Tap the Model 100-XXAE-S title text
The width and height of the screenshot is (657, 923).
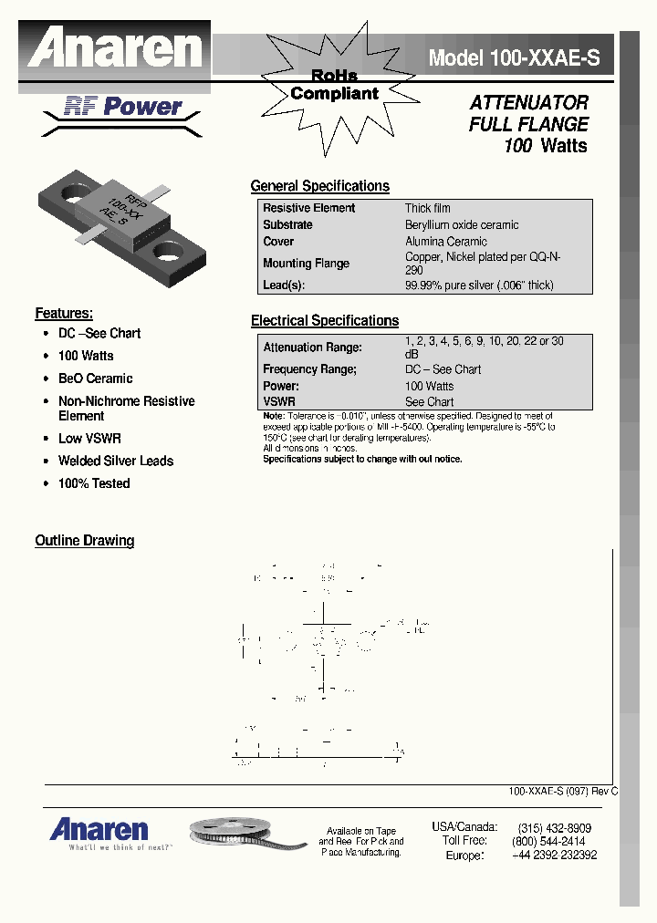(x=515, y=58)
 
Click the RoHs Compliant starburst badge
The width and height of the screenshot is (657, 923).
(x=334, y=84)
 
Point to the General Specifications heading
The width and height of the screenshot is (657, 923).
(x=319, y=186)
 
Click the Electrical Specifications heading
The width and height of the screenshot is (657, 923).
(x=324, y=321)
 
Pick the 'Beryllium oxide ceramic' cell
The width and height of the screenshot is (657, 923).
(x=462, y=225)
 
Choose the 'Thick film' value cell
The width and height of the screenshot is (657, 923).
(x=427, y=209)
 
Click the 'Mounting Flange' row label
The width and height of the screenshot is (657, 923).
(x=306, y=264)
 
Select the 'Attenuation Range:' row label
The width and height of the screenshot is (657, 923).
(x=312, y=347)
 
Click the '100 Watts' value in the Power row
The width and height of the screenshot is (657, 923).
(x=429, y=386)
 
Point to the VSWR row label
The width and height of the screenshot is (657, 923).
(x=278, y=401)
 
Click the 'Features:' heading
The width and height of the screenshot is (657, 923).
(x=64, y=314)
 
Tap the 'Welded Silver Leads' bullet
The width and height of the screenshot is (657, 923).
(x=115, y=461)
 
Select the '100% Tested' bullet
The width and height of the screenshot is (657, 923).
(x=94, y=484)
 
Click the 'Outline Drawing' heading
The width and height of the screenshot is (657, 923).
(x=84, y=541)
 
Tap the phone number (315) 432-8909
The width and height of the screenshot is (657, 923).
(x=554, y=828)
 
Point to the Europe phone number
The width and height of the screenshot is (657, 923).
(x=554, y=856)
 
